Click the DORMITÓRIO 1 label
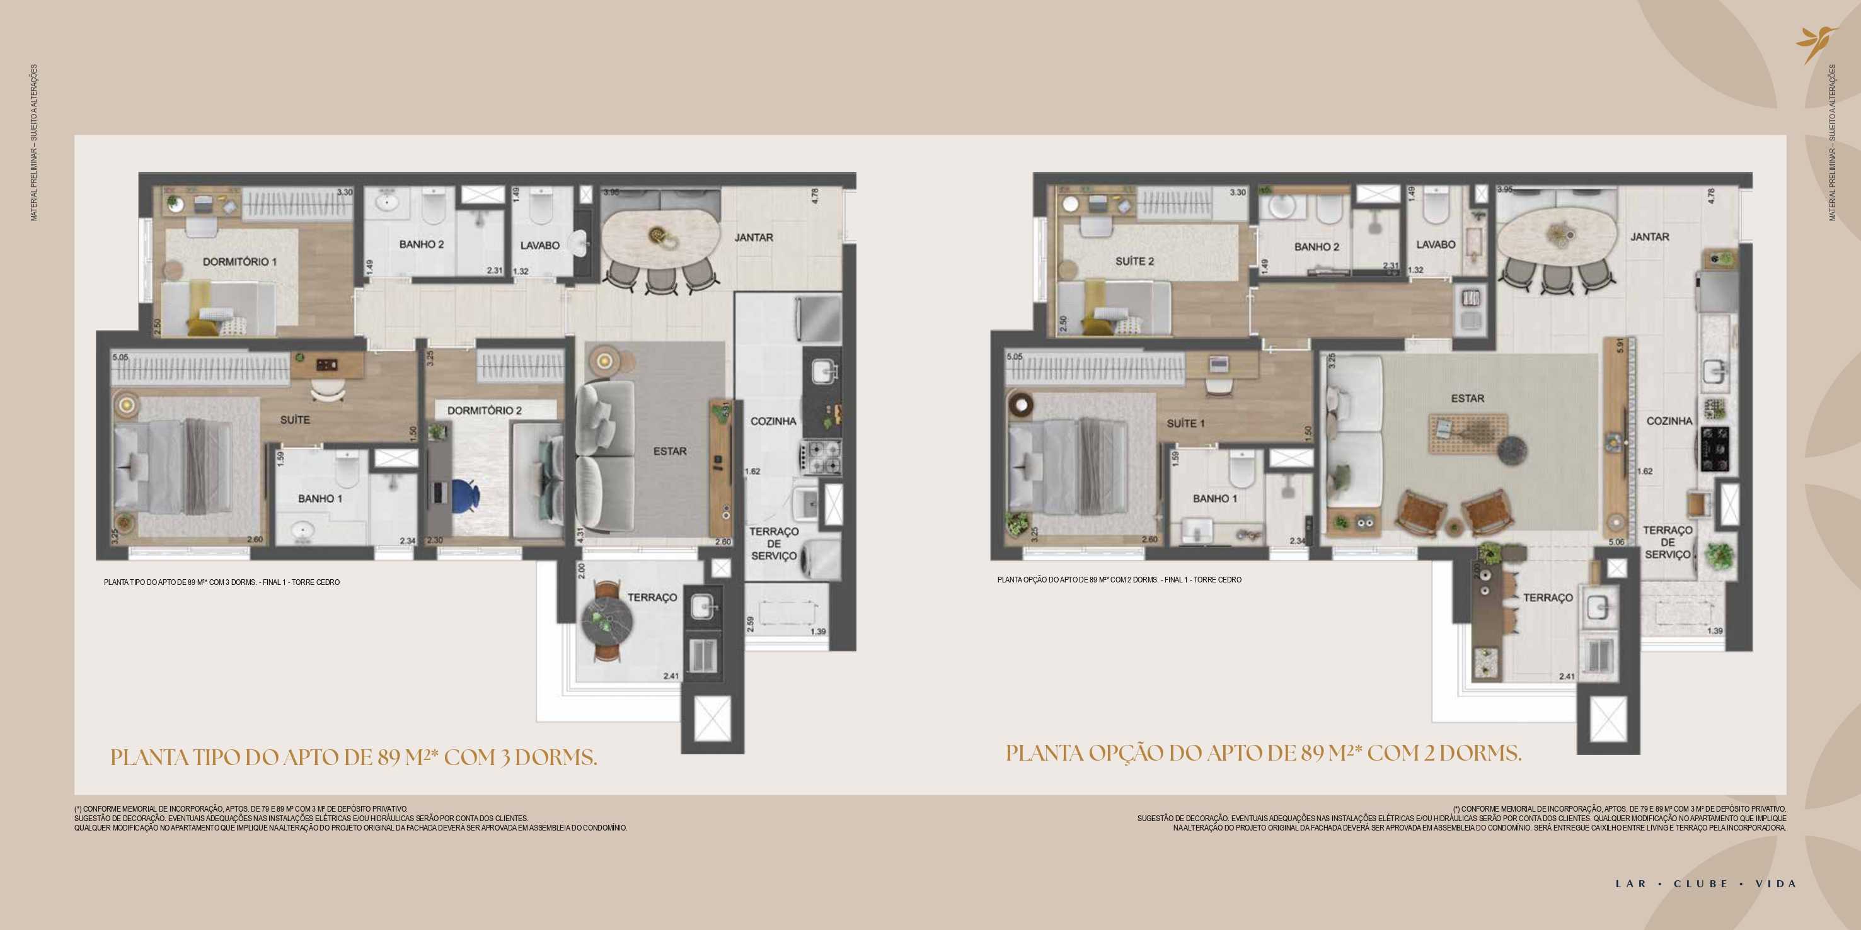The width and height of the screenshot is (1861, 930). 239,261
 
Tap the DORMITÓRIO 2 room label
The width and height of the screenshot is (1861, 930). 484,410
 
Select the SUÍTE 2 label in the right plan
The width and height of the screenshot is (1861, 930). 1134,261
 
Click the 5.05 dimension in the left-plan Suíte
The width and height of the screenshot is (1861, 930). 120,356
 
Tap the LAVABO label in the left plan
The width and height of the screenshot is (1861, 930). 539,246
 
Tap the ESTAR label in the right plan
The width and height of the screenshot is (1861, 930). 1467,399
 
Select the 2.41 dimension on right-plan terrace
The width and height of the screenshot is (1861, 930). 1566,676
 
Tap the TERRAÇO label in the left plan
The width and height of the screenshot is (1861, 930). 652,597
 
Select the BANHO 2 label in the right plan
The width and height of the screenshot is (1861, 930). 1317,247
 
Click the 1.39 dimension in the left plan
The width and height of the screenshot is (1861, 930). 818,632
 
